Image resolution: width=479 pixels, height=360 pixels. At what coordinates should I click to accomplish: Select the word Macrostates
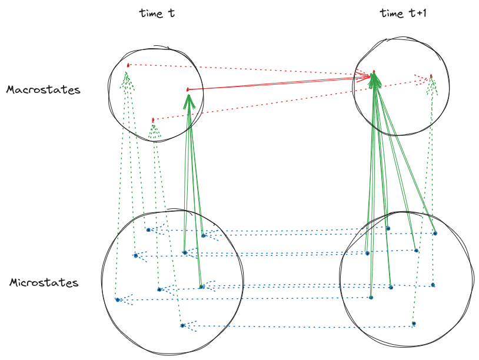pos(43,90)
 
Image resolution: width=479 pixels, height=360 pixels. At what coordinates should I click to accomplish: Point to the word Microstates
pos(44,283)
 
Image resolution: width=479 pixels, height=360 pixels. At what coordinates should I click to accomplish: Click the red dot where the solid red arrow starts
pos(188,89)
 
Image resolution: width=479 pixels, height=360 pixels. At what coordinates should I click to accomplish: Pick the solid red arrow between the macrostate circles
pos(277,82)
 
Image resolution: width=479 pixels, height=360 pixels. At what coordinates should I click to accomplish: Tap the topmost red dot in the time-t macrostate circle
pos(128,65)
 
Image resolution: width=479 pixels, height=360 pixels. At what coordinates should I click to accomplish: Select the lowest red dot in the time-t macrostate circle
pos(153,120)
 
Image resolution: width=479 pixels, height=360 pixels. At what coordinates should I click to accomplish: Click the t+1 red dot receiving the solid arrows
pos(374,73)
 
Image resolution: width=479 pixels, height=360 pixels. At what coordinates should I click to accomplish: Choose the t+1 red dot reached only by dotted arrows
pos(431,76)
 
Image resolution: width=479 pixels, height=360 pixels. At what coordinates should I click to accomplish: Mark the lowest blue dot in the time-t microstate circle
pos(182,325)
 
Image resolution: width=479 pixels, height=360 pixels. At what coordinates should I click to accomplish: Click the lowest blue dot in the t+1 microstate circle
pos(414,324)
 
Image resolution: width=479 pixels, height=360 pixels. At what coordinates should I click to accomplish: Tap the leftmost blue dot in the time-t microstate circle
pos(118,299)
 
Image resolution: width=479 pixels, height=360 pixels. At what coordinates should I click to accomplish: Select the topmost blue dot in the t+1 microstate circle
pos(388,228)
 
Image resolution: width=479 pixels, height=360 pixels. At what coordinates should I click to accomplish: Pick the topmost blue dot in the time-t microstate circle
pos(148,229)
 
